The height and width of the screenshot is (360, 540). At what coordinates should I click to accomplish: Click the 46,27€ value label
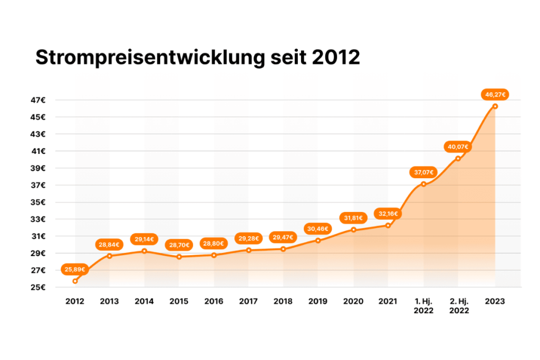[x=494, y=95]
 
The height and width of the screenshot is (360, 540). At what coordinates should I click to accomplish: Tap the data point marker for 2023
[x=495, y=106]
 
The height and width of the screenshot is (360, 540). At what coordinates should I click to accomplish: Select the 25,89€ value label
[x=75, y=269]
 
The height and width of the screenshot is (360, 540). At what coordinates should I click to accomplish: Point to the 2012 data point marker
[x=75, y=281]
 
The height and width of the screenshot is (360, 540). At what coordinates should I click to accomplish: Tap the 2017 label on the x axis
[x=248, y=301]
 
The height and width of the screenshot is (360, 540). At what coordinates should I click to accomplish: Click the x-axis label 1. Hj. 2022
[x=423, y=306]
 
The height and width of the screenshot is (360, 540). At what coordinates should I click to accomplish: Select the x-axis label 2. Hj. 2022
[x=458, y=306]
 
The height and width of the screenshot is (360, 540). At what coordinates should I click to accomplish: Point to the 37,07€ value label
[x=423, y=172]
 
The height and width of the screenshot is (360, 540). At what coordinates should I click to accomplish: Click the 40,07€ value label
[x=458, y=147]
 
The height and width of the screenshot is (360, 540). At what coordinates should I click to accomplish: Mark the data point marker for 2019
[x=318, y=240]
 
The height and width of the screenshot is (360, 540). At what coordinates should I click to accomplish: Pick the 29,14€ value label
[x=144, y=239]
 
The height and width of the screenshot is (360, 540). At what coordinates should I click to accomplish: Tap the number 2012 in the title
[x=336, y=57]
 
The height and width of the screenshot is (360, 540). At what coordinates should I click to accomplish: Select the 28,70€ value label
[x=179, y=245]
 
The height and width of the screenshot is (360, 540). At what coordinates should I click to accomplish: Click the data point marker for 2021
[x=388, y=225]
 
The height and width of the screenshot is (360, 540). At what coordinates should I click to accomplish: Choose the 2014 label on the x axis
[x=144, y=301]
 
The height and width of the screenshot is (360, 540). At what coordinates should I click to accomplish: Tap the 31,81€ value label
[x=353, y=218]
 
